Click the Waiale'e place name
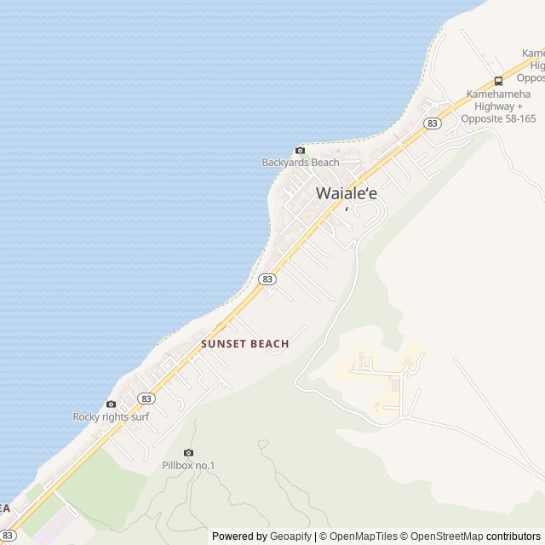[347, 193]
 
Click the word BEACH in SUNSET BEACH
[268, 344]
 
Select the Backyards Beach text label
[300, 163]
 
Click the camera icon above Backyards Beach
[300, 151]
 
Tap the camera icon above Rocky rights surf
[111, 404]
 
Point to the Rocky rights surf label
[111, 416]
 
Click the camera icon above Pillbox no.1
[188, 452]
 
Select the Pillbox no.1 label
[188, 465]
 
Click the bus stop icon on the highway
[498, 82]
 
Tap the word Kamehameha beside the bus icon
[498, 94]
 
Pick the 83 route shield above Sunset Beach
[267, 278]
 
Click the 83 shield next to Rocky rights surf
[146, 398]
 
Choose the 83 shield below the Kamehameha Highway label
[433, 123]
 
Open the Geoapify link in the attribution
[292, 536]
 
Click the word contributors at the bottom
[513, 536]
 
